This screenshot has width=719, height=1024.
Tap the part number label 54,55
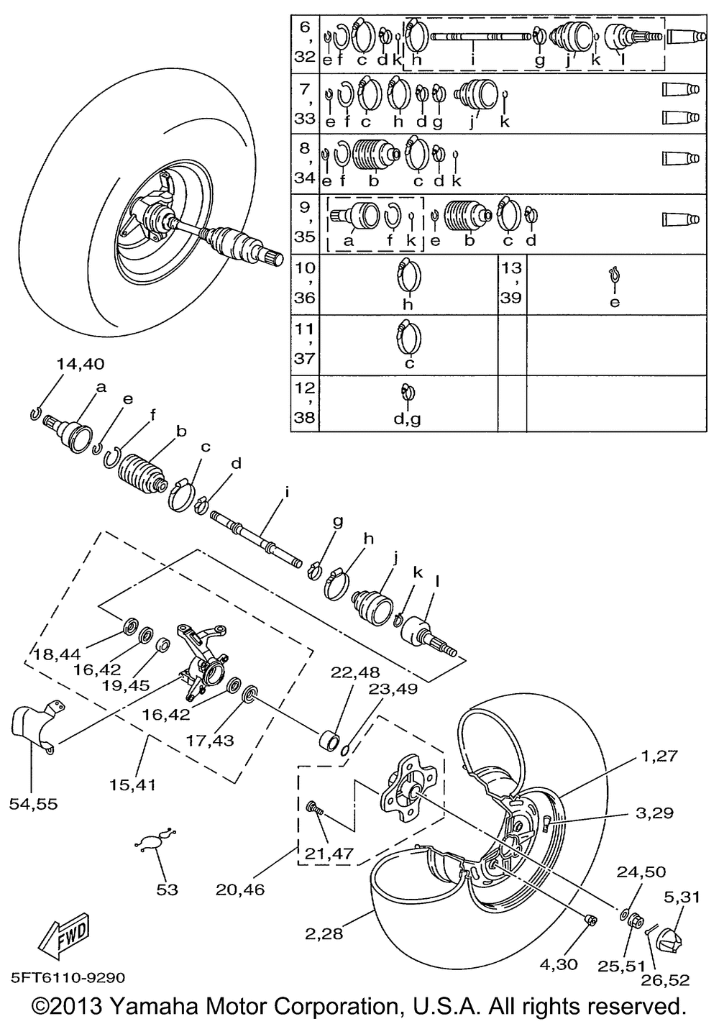point(33,803)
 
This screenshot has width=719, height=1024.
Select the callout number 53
point(167,890)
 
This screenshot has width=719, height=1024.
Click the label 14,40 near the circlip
point(79,365)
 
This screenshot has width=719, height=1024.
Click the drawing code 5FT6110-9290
point(68,978)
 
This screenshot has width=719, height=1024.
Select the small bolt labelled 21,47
point(315,809)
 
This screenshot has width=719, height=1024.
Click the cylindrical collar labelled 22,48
point(330,740)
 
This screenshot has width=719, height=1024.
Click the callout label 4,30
point(557,964)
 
